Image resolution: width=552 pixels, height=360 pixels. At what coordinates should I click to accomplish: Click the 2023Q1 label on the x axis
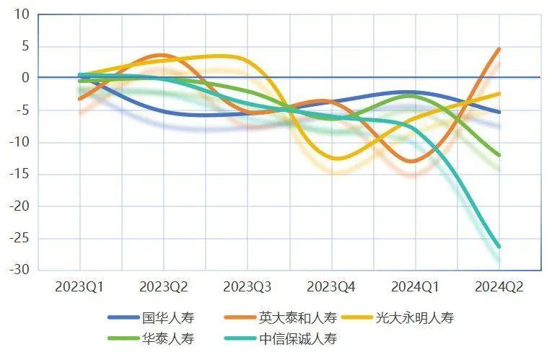(x=79, y=287)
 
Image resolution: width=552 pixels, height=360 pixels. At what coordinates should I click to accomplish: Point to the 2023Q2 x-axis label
(x=163, y=287)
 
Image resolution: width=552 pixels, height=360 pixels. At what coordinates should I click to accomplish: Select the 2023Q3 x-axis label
(x=247, y=287)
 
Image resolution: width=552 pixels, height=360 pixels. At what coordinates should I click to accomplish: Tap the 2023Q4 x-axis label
(x=331, y=287)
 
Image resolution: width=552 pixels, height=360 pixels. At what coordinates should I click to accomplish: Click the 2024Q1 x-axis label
(x=415, y=287)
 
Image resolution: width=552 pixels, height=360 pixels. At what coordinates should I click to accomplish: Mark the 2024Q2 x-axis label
(x=499, y=287)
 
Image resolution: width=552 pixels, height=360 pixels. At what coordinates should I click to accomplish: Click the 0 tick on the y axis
(x=26, y=78)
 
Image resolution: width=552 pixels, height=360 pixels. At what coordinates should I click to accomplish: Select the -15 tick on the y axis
(x=19, y=174)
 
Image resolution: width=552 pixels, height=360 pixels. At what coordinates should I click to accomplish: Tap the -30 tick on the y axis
(x=19, y=270)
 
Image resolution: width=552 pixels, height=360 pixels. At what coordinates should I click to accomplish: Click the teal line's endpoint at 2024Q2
(x=499, y=247)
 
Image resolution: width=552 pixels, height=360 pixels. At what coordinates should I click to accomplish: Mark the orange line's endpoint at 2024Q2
(x=499, y=49)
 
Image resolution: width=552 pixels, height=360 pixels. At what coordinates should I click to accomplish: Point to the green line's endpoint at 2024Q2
(x=499, y=155)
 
